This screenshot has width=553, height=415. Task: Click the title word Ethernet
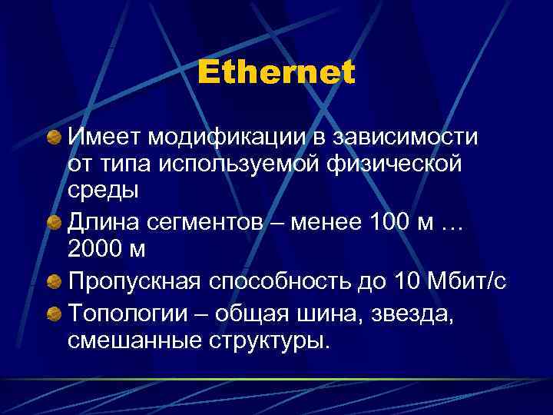276,73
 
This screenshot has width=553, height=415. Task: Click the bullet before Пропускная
54,281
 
